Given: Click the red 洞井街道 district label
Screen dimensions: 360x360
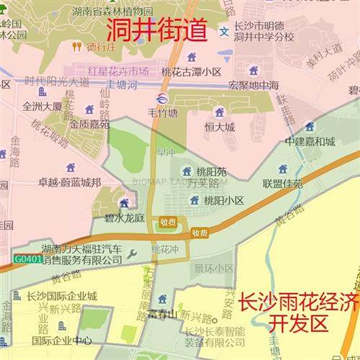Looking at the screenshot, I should click(157, 31).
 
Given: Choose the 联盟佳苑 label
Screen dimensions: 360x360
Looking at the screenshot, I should click(283, 183).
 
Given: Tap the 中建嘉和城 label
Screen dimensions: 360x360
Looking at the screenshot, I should click(310, 141).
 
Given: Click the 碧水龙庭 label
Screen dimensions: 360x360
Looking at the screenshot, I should click(125, 217).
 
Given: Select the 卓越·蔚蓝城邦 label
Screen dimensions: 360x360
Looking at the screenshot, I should click(70, 182).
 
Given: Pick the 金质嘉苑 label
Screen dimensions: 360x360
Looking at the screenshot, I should click(89, 124).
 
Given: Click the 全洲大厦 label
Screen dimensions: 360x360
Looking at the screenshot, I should click(42, 106).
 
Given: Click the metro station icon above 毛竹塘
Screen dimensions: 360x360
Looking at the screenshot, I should click(162, 99).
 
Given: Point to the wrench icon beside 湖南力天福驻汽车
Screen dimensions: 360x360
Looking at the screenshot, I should click(130, 253).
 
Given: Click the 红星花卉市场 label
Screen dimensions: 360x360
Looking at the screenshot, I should click(118, 72).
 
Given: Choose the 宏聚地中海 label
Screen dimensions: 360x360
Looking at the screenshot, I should click(253, 85).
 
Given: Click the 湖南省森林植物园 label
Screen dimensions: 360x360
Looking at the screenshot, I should click(113, 12).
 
